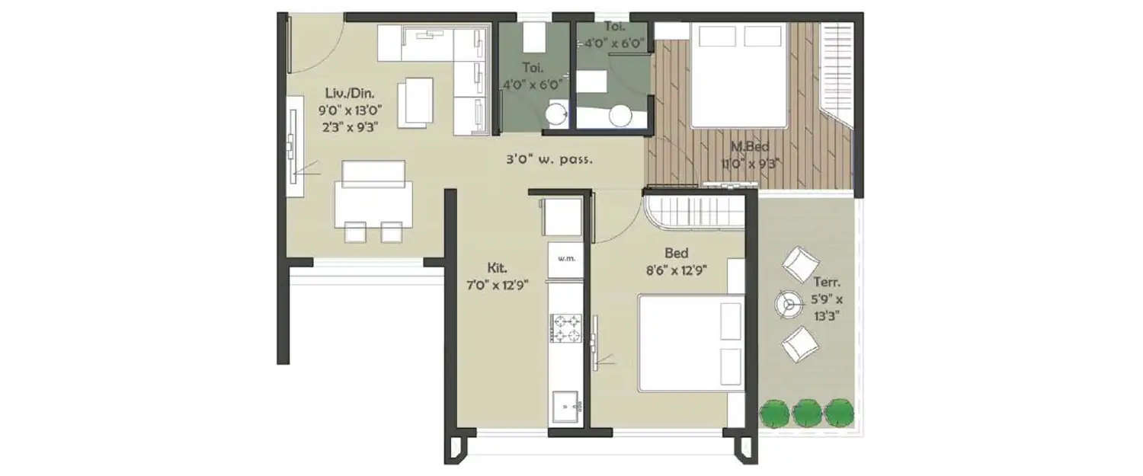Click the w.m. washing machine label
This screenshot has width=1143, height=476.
(x=565, y=259)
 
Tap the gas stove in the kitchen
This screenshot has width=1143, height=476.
(x=565, y=327)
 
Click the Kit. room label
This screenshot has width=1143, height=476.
(x=498, y=268)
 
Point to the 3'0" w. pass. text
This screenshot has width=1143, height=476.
(x=549, y=161)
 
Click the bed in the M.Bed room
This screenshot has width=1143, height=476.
(x=738, y=75)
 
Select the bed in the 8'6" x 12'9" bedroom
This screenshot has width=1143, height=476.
(x=690, y=342)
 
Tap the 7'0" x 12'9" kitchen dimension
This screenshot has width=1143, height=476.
(x=498, y=285)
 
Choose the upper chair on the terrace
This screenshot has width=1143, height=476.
(x=800, y=264)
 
